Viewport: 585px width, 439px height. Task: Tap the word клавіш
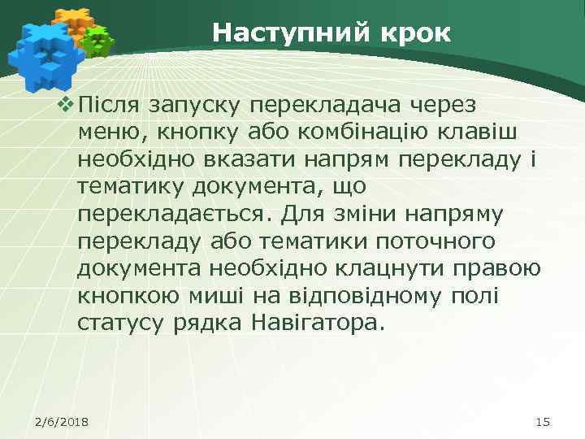click(487, 133)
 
